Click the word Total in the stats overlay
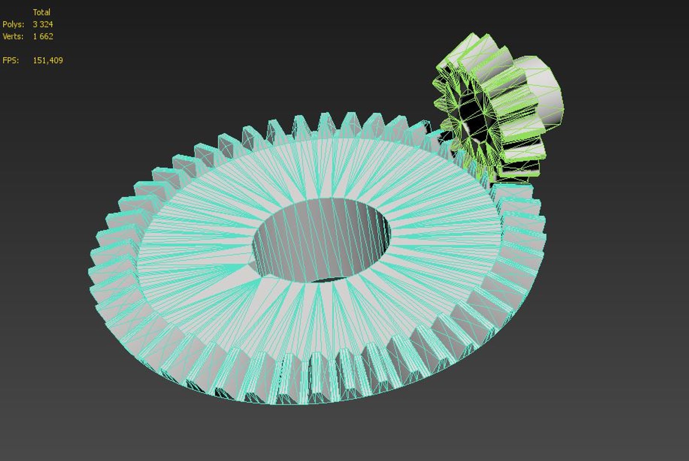pyautogui.click(x=41, y=12)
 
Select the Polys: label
pyautogui.click(x=13, y=24)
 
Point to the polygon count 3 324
pyautogui.click(x=43, y=24)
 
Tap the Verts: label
pyautogui.click(x=13, y=36)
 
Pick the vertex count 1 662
pyautogui.click(x=43, y=36)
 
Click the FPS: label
pyautogui.click(x=11, y=60)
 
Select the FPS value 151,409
pyautogui.click(x=48, y=60)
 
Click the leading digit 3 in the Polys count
pyautogui.click(x=35, y=24)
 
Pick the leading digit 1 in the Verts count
pyautogui.click(x=35, y=36)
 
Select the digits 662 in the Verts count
pyautogui.click(x=46, y=36)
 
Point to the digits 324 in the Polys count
pyautogui.click(x=46, y=24)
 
